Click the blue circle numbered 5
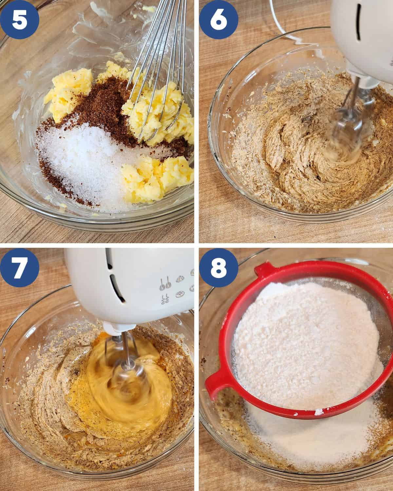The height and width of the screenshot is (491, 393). point(19,20)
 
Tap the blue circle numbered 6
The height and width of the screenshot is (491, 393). point(218,20)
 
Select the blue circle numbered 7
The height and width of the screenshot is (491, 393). point(19,268)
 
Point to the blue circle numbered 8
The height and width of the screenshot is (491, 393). point(218,268)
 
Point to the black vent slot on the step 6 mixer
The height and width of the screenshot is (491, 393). point(359,22)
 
